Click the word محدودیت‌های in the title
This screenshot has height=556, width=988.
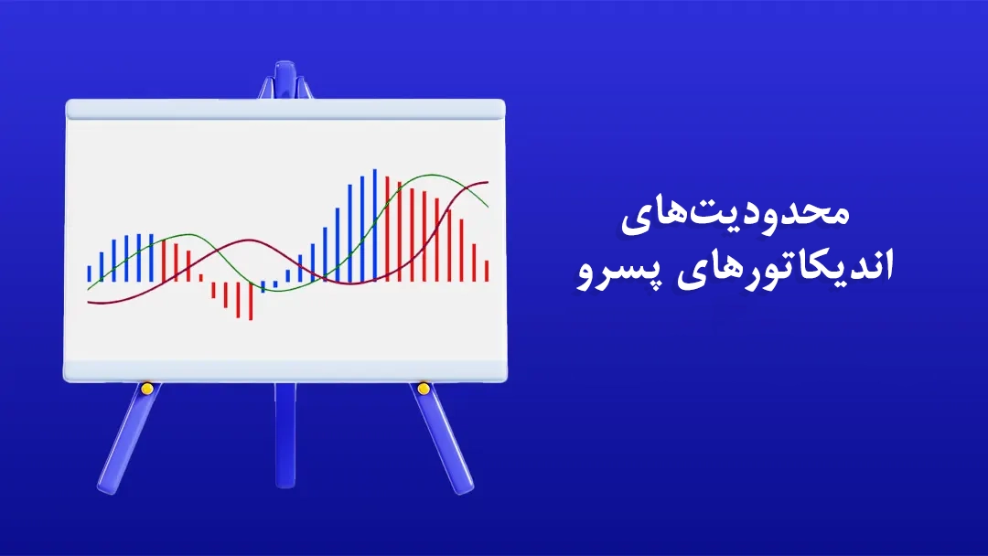pyautogui.click(x=736, y=215)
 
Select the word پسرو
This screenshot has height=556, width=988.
pyautogui.click(x=618, y=271)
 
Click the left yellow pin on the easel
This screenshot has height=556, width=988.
pyautogui.click(x=146, y=389)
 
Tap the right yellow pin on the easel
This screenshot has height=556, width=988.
pyautogui.click(x=424, y=389)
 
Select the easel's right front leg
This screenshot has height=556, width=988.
pyautogui.click(x=443, y=439)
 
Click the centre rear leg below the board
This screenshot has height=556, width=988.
pyautogui.click(x=285, y=434)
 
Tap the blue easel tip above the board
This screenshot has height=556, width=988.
pyautogui.click(x=285, y=80)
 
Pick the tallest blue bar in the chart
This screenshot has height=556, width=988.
pyautogui.click(x=375, y=225)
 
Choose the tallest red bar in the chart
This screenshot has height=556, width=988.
pyautogui.click(x=388, y=230)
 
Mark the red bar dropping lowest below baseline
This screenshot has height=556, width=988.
pyautogui.click(x=251, y=301)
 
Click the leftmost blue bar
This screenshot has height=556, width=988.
pyautogui.click(x=89, y=274)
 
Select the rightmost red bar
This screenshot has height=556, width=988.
pyautogui.click(x=487, y=271)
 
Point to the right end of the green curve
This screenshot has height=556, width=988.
pyautogui.click(x=488, y=207)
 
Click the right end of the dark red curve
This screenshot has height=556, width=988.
pyautogui.click(x=488, y=183)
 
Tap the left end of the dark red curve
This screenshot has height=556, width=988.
pyautogui.click(x=88, y=303)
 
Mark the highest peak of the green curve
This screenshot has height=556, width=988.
pyautogui.click(x=431, y=175)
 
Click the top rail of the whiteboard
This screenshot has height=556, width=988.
pyautogui.click(x=285, y=110)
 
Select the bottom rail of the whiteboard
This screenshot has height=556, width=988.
pyautogui.click(x=285, y=371)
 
